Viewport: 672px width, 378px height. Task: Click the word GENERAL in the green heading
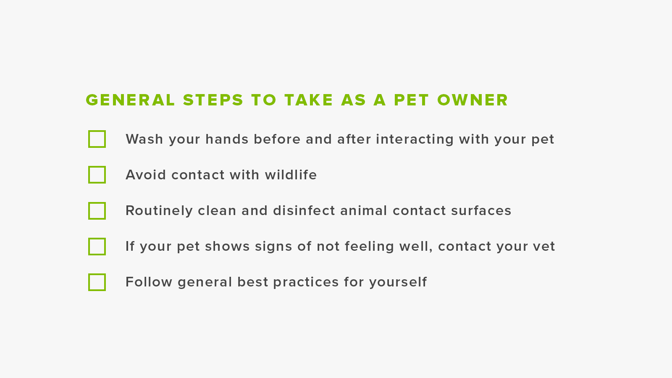coord(130,100)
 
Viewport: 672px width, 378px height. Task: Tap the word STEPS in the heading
coord(213,100)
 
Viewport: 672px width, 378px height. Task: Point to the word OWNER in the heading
coord(472,100)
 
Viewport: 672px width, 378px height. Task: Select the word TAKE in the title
coord(309,100)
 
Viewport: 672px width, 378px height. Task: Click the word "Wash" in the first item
coord(144,139)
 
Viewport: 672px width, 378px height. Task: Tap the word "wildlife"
coord(291,175)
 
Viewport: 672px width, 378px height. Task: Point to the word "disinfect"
coord(304,210)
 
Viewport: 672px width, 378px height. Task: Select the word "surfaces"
coord(481,210)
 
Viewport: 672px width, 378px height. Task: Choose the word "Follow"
coord(149,282)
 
